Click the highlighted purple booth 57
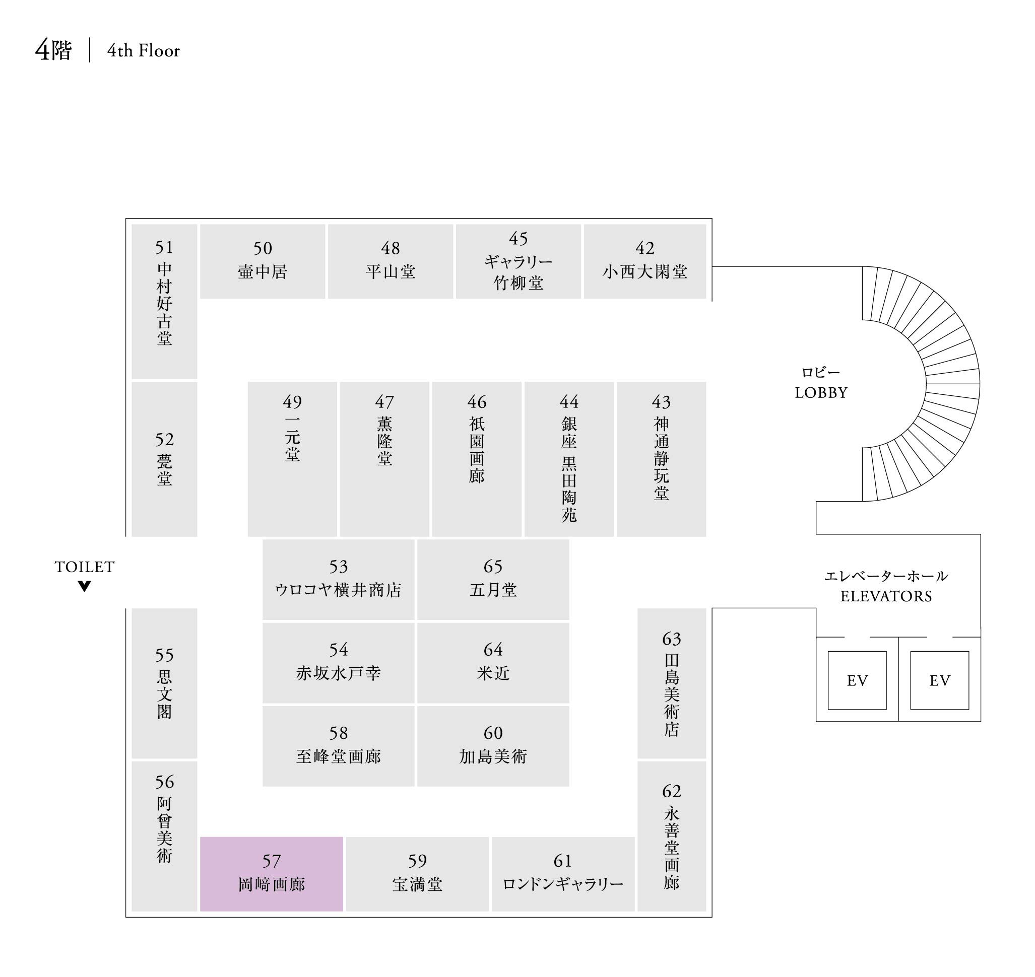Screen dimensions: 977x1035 [271, 874]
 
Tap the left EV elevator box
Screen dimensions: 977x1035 [857, 680]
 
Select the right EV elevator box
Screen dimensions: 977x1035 [939, 680]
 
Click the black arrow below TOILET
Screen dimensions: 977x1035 [85, 586]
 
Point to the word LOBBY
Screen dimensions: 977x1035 [821, 393]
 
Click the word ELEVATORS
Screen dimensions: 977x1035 [886, 596]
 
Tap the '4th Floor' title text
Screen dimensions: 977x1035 [143, 50]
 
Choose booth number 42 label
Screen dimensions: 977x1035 [644, 248]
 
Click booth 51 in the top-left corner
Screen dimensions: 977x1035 [164, 301]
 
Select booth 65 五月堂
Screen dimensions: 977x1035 [493, 579]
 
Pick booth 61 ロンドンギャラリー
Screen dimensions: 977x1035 [563, 874]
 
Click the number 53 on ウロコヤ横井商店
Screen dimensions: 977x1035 [338, 567]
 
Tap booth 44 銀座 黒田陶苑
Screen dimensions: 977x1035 [568, 459]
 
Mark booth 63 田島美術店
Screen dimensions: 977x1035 [671, 683]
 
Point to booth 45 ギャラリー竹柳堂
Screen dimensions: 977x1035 [518, 261]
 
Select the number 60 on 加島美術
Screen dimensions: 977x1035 [493, 733]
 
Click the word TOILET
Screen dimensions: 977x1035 [85, 567]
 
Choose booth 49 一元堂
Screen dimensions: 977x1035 [292, 459]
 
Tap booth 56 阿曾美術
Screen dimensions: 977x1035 [164, 836]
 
